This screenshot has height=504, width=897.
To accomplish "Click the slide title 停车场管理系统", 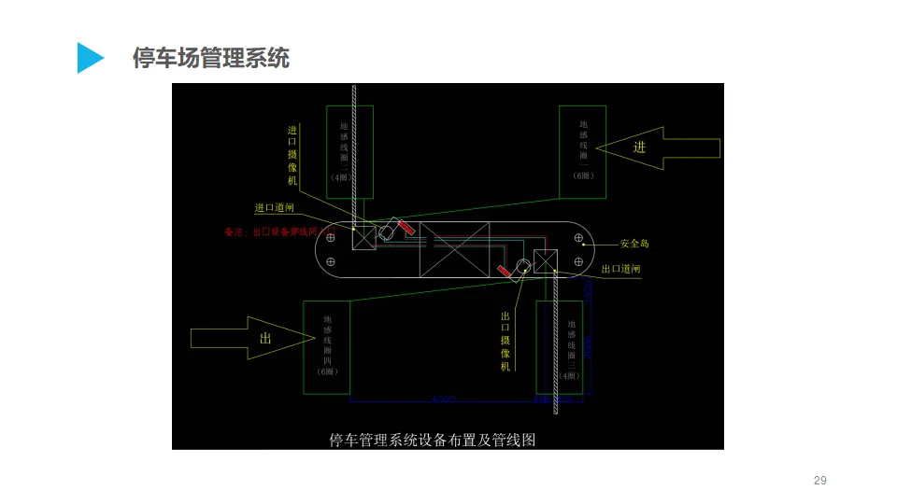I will pyautogui.click(x=211, y=58).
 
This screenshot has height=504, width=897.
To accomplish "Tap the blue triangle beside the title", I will pyautogui.click(x=90, y=58).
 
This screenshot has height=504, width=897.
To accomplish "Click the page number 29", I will pyautogui.click(x=820, y=481).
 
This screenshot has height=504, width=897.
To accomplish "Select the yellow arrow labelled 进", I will pyautogui.click(x=659, y=147).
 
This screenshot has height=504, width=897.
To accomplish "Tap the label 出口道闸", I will pyautogui.click(x=620, y=269).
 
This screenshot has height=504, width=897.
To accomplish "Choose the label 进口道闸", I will pyautogui.click(x=275, y=208).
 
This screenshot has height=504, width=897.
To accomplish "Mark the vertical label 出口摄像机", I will pyautogui.click(x=505, y=342).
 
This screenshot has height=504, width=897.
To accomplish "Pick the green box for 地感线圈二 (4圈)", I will pyautogui.click(x=349, y=151).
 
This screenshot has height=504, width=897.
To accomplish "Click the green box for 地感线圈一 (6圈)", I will pyautogui.click(x=582, y=151).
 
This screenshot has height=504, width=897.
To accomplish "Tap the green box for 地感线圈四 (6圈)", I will pyautogui.click(x=326, y=346).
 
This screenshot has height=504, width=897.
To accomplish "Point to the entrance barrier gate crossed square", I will pyautogui.click(x=364, y=235).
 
